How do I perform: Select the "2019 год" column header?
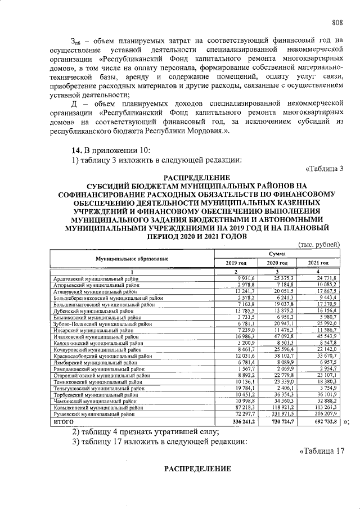236,263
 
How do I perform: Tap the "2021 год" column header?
318,263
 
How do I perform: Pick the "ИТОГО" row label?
64,420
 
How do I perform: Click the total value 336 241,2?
242,420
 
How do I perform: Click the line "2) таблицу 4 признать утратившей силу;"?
141,431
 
